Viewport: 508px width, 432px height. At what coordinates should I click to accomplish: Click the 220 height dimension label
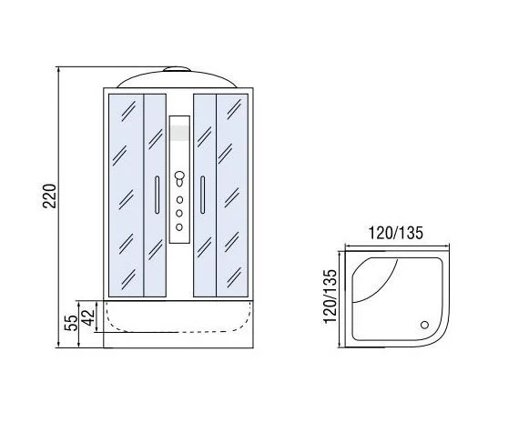[50, 196]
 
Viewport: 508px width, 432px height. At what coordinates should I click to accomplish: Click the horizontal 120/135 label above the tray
[396, 233]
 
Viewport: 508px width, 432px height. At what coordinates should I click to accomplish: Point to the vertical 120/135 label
[330, 296]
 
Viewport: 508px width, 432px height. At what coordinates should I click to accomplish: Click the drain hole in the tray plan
[424, 325]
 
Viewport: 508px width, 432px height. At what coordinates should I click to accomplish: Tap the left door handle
[157, 195]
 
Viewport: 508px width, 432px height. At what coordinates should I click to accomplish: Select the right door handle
[202, 195]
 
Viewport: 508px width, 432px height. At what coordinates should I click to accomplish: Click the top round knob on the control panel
[179, 176]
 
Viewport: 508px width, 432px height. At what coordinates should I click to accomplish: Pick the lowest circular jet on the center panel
[179, 227]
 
